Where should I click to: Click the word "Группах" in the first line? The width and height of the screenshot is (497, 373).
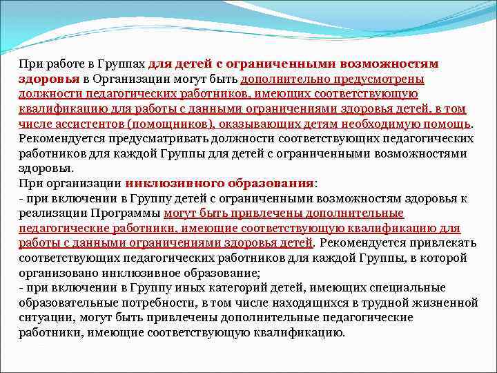coord(122,64)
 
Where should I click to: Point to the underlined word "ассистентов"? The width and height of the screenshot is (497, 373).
coord(89,124)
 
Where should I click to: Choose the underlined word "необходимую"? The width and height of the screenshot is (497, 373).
coord(376,124)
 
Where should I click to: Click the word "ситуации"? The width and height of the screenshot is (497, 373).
coord(42,318)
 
